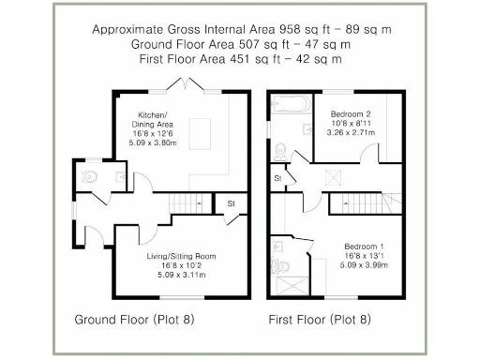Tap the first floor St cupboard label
[x=277, y=177]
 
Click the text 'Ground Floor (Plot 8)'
[x=134, y=320]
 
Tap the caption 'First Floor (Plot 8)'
[x=320, y=320]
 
